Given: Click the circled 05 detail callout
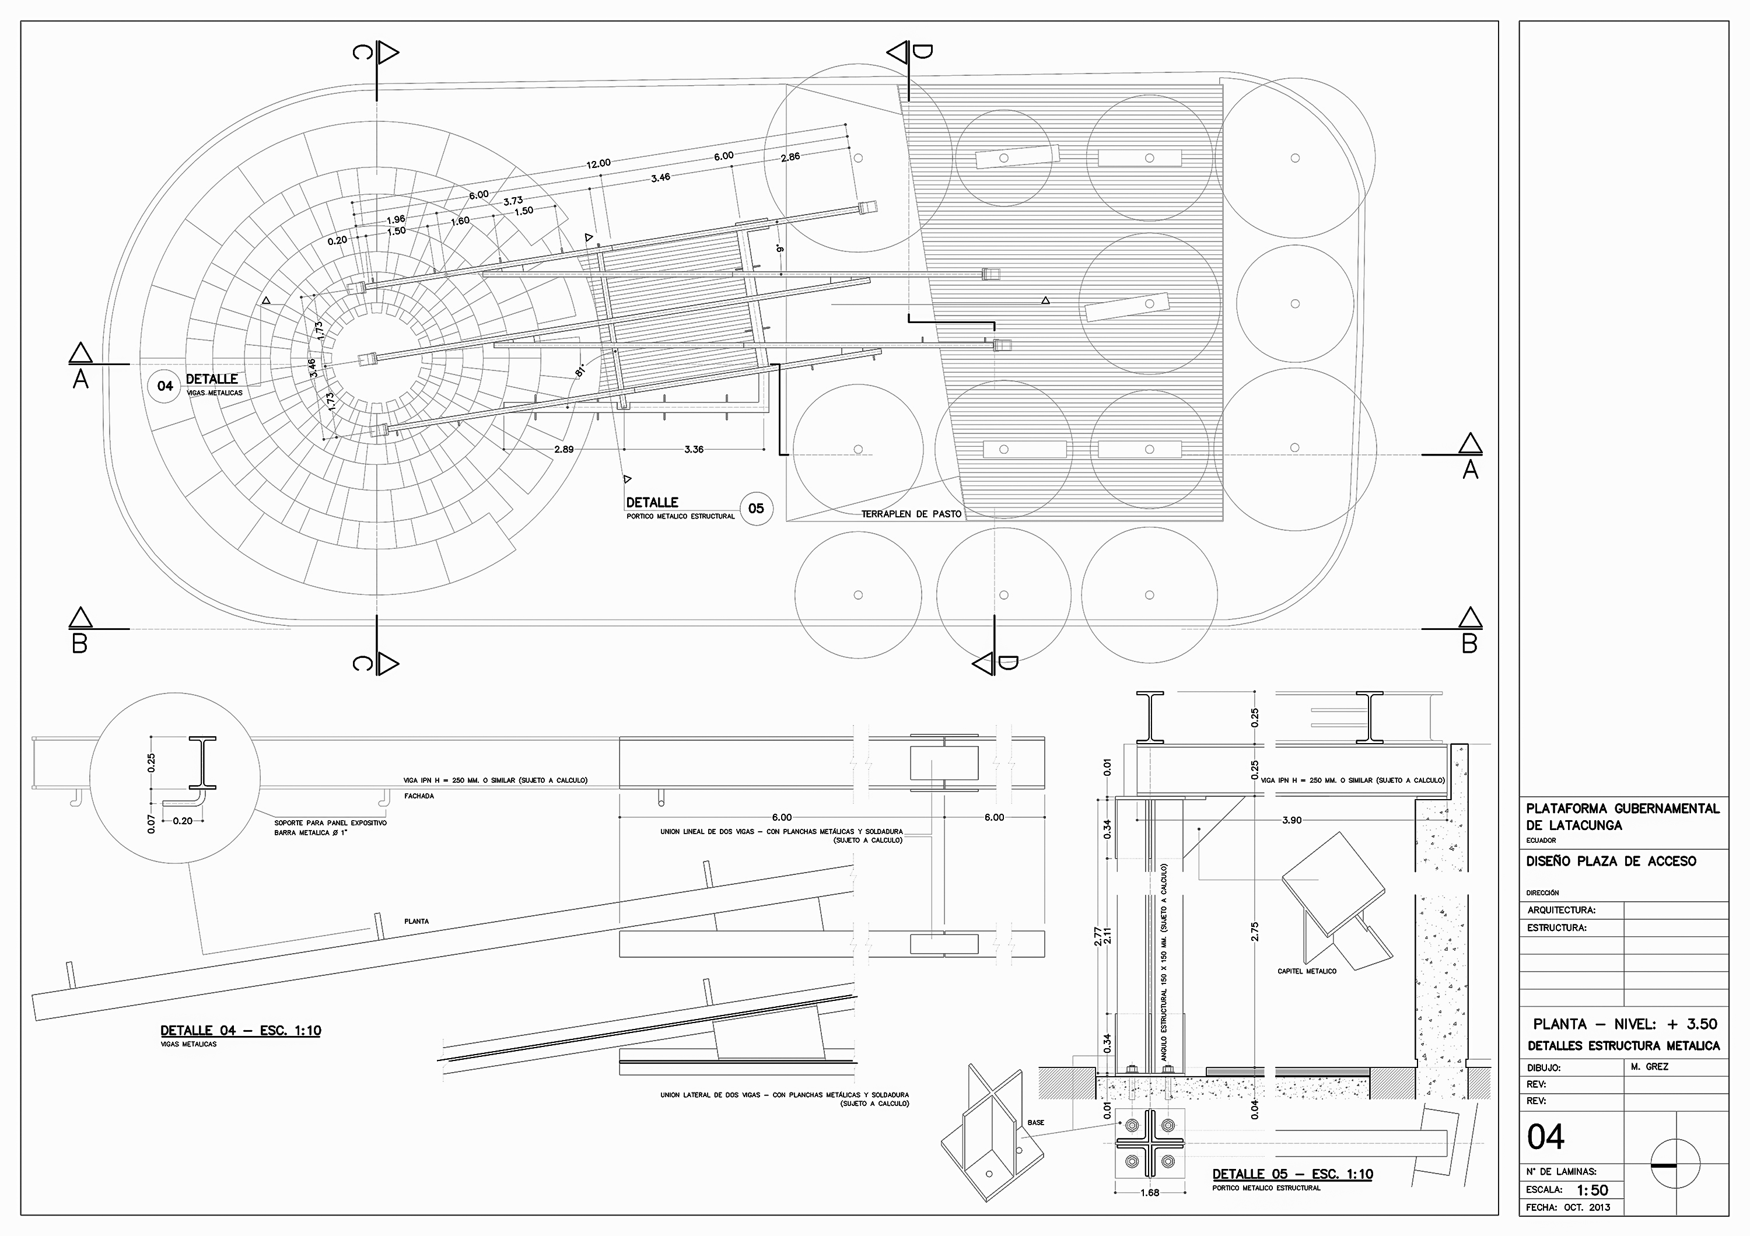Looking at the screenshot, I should pos(755,508).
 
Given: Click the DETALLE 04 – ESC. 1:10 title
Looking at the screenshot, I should pos(241,1030).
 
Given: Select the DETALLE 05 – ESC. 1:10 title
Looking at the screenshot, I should pos(1293,1174).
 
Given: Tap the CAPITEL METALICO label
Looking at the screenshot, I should pos(1307,971).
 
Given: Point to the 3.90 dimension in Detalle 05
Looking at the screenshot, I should pos(1292,821).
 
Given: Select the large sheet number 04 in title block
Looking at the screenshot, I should pos(1545,1137).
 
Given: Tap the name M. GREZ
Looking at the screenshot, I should pos(1650,1067).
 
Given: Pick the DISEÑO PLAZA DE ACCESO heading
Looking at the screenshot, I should pos(1611,861).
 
